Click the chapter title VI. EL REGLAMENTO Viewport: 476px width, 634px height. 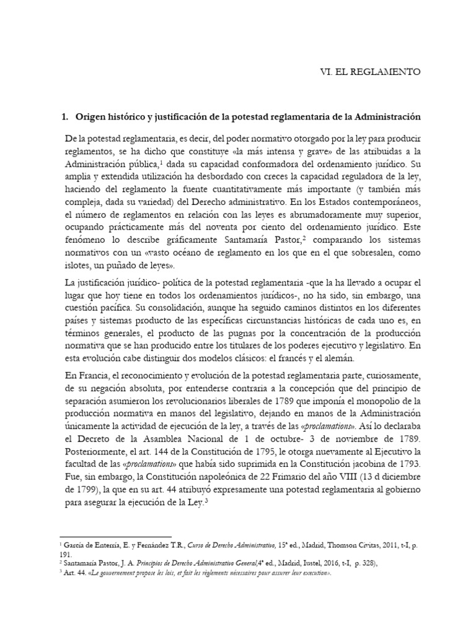tap(368, 72)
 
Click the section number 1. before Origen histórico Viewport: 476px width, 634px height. tap(64, 116)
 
